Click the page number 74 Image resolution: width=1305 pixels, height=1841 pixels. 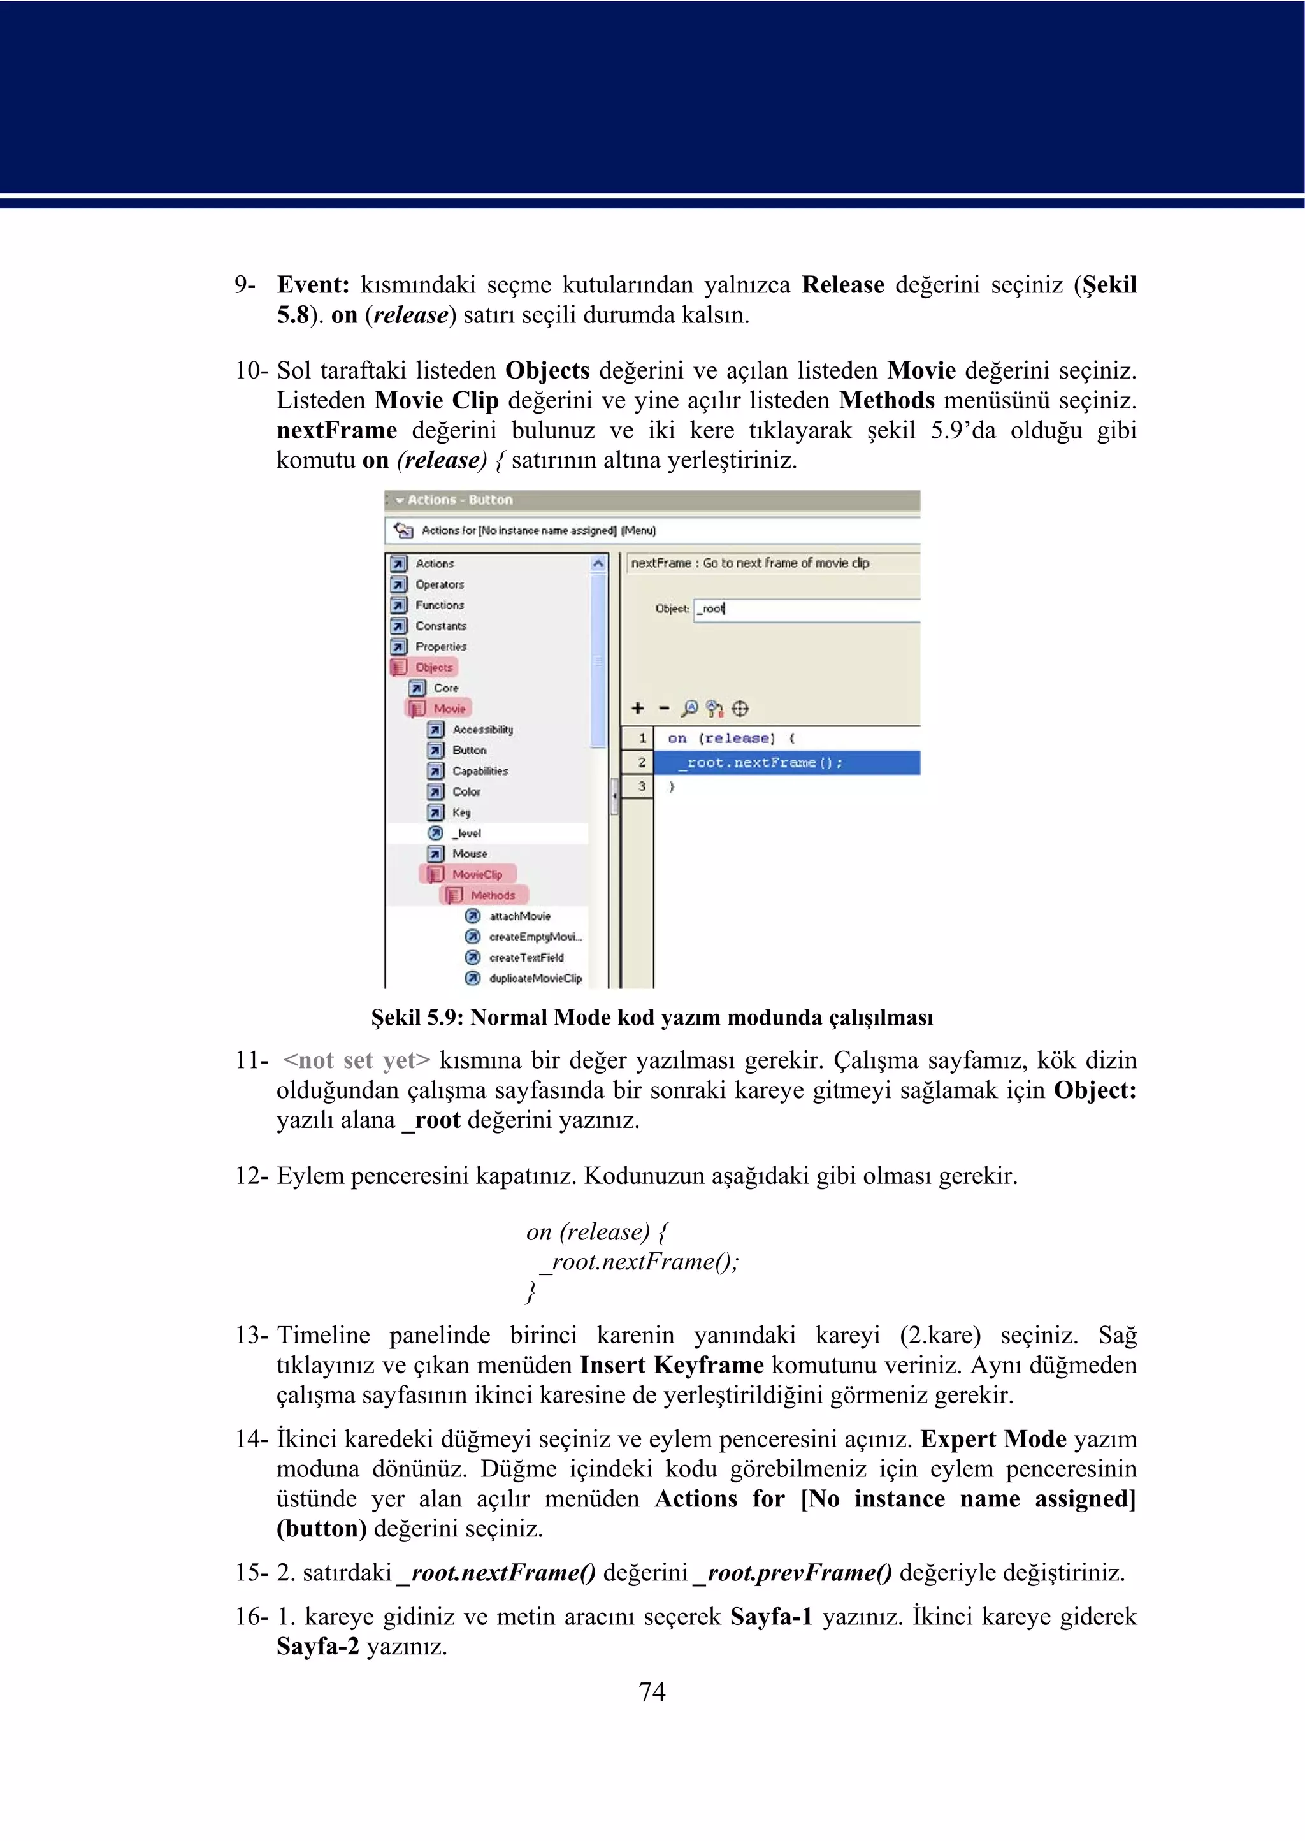click(652, 1691)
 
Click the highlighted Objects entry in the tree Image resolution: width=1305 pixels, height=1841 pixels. click(433, 667)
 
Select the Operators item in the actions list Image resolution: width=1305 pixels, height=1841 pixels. click(439, 584)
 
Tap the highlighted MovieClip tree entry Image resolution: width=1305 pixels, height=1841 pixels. click(476, 874)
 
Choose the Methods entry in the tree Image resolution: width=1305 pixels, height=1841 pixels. click(492, 895)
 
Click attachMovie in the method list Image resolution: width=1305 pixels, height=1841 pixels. click(519, 916)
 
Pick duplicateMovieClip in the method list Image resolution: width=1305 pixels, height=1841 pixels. click(535, 978)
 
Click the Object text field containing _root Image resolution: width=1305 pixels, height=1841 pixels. click(804, 609)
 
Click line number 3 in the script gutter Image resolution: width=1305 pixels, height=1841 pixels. click(641, 787)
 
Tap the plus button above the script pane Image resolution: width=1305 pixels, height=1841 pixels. click(638, 708)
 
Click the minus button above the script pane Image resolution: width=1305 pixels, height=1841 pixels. click(664, 708)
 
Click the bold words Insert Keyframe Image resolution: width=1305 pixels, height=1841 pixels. click(672, 1365)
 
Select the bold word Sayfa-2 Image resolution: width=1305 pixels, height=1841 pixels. click(317, 1647)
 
